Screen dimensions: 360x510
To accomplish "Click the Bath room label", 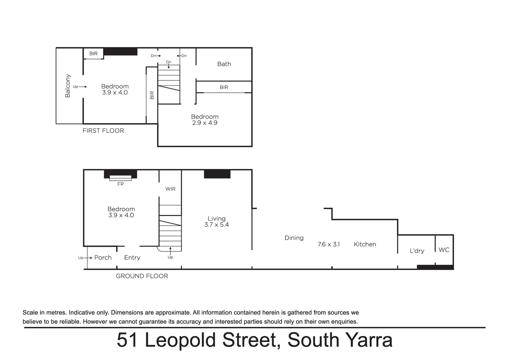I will [224, 64].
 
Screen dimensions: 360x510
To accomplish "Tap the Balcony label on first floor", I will [68, 86].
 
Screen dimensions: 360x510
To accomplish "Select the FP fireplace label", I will [120, 184].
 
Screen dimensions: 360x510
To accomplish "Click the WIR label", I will [170, 189].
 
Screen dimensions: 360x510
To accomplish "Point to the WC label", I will [444, 250].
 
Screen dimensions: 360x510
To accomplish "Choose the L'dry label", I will [417, 251].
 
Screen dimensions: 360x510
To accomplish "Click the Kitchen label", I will [365, 244].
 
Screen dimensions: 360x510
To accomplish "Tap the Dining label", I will [294, 238].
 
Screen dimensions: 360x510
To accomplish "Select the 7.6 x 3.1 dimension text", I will [329, 244].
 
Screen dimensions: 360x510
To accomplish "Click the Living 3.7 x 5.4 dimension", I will [216, 225].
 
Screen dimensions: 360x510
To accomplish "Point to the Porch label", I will [103, 258].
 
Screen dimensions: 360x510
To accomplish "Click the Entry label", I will [132, 258].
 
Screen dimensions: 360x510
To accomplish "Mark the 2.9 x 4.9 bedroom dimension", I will [204, 123].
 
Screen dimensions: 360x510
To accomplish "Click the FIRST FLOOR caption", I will [103, 131].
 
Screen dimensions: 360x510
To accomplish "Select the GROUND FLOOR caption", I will [142, 276].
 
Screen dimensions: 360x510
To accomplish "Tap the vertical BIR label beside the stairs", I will [152, 95].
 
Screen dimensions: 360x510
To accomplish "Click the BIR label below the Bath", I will [224, 87].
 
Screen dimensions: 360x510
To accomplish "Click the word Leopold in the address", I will [181, 340].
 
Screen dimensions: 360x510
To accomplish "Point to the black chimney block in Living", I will [217, 174].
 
